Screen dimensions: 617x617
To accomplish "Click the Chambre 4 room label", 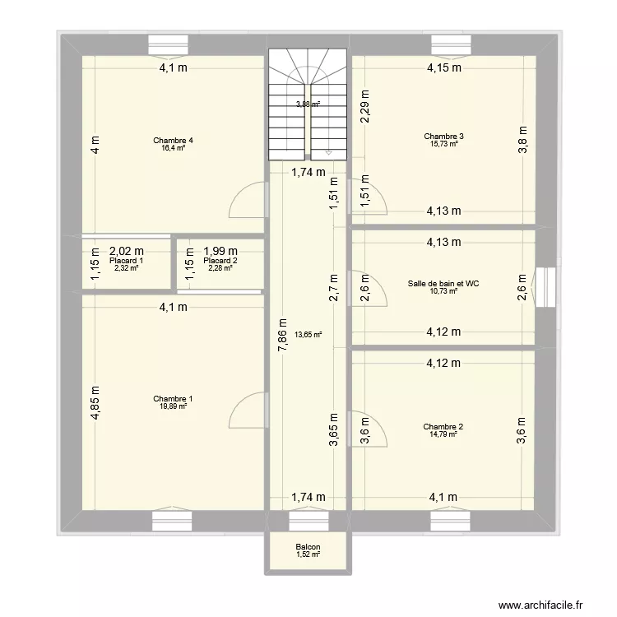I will click(x=172, y=141).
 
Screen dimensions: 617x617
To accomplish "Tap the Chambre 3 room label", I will click(x=443, y=136).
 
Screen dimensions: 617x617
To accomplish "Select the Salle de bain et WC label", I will click(x=443, y=284).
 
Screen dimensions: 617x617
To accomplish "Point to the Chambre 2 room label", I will click(x=443, y=427).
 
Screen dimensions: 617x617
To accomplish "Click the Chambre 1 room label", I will click(x=172, y=399).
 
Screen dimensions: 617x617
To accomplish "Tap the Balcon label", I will click(x=308, y=547).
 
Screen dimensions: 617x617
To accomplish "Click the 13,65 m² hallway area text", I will click(x=308, y=335).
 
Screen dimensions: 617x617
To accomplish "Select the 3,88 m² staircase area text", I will click(x=308, y=104).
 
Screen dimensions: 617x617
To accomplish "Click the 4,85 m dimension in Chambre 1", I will click(x=95, y=404).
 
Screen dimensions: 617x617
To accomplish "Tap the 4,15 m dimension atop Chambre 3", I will click(x=443, y=69).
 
